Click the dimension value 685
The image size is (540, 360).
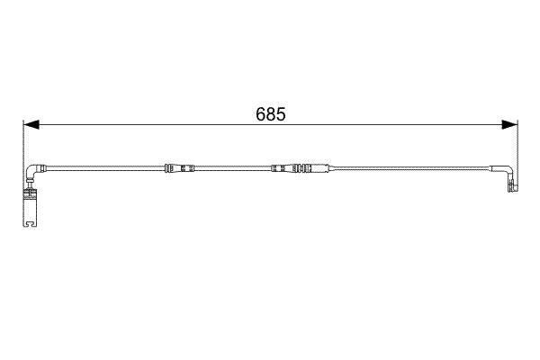click(x=270, y=114)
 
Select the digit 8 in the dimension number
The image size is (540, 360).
click(x=270, y=114)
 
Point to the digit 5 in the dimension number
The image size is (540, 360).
click(x=281, y=114)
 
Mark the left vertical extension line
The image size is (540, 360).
click(x=22, y=153)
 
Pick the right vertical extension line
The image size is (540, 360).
click(x=517, y=148)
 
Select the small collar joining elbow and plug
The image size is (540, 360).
click(x=29, y=190)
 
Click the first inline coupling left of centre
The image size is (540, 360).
click(x=180, y=168)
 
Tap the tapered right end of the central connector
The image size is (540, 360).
click(x=324, y=168)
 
